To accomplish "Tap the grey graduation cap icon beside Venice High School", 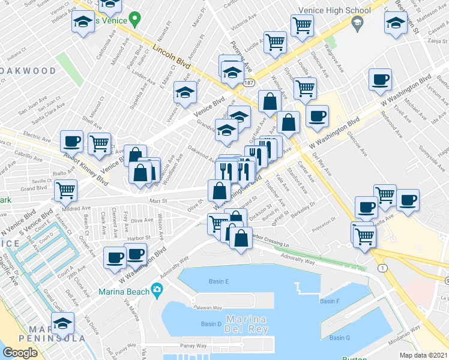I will coord(358,23).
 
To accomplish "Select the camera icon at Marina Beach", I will coord(157,291).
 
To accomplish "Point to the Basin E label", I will coord(218,281).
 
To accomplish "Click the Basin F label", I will coord(330,301).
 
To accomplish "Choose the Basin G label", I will coord(340,338).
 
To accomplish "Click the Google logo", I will coord(20,352).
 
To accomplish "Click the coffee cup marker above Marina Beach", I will coord(115,257).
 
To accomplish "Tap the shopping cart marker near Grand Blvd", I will coord(65,190).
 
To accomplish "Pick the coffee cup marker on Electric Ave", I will coord(71,141).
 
